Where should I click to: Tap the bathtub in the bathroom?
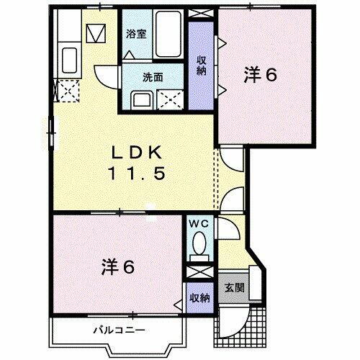[x=166, y=32]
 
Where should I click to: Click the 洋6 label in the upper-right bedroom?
[x=261, y=76]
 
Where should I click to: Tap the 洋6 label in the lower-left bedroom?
[x=117, y=266]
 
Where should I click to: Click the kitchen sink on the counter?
[x=70, y=57]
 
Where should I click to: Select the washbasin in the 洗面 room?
[x=140, y=99]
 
